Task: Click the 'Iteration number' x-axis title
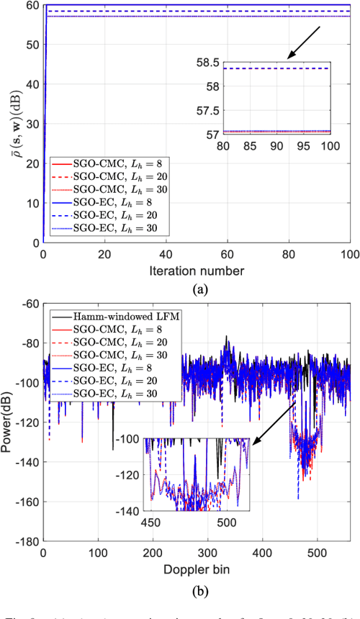coord(197,271)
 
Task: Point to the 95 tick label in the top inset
coord(303,145)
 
